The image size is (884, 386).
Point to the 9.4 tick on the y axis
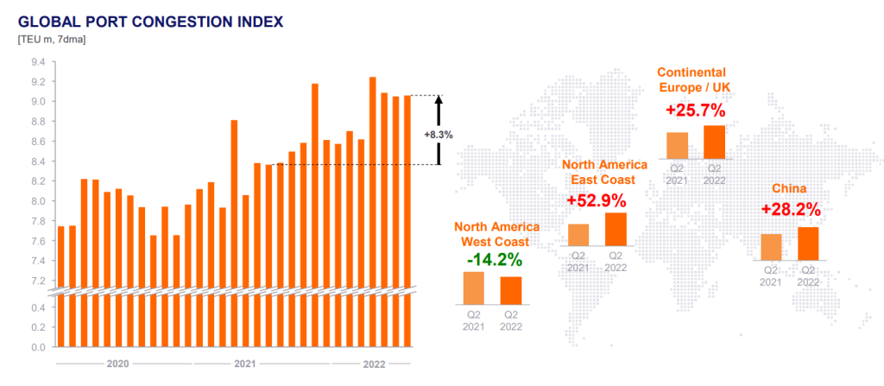coord(39,62)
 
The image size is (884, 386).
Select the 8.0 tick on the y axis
coord(39,201)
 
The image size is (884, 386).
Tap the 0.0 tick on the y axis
coord(39,347)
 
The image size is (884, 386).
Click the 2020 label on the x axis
coord(118,364)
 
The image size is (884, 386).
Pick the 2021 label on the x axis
coord(245,364)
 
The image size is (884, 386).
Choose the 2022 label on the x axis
coord(372,364)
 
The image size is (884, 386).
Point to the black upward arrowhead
coord(438,100)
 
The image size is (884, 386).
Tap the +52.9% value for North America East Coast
coord(597,199)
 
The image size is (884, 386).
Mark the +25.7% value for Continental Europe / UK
coord(696,111)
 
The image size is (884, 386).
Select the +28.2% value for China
coord(791,210)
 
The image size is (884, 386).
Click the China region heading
coord(790,188)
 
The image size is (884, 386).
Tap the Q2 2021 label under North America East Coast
coord(578,262)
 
